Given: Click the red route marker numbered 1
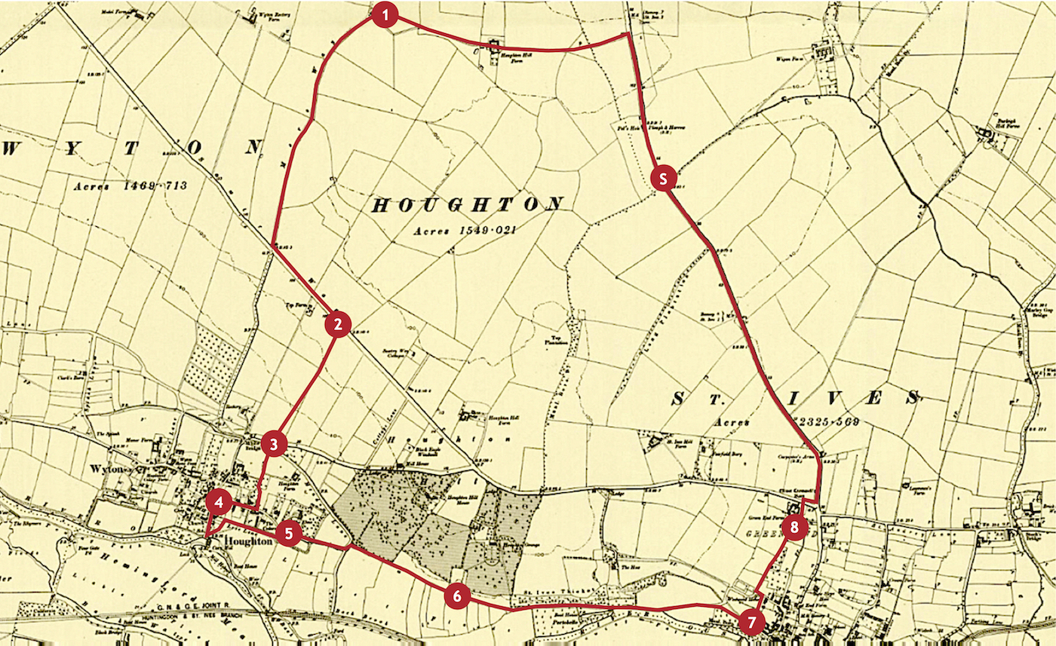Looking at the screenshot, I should point(385,15).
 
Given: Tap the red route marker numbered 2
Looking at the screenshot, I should point(338,324).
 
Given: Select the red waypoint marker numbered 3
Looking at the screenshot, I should point(275,444).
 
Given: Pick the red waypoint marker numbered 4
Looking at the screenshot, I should point(219,504).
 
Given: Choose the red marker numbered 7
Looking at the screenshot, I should point(751,622).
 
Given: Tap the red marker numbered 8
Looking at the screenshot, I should point(794,528).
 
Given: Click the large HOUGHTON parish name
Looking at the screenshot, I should point(468,205).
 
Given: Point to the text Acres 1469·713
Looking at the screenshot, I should point(130,185).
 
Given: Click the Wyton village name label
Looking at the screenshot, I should point(111,469).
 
